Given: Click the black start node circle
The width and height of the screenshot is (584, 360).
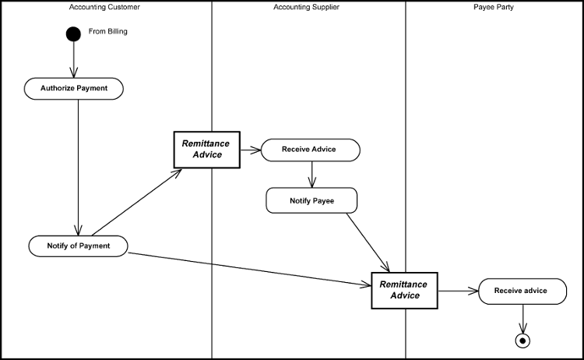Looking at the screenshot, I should (x=73, y=34).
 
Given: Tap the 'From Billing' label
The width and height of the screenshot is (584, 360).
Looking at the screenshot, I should (x=108, y=32).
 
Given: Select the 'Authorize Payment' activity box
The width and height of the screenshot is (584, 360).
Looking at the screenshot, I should (x=74, y=89).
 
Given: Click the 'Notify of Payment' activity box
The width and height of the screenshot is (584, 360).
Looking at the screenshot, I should (x=78, y=246).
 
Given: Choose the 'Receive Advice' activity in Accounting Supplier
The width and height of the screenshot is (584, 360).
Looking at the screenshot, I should (x=310, y=150).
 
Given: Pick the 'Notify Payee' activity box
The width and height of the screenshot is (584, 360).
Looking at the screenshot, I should (x=311, y=201).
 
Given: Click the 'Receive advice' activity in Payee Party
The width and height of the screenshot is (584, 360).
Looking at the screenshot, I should (x=522, y=291).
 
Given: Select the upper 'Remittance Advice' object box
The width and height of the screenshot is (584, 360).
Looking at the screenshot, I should (x=206, y=149).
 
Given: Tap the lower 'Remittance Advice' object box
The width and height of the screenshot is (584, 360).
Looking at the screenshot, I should (x=404, y=291).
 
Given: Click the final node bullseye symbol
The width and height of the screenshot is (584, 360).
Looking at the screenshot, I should (x=522, y=340).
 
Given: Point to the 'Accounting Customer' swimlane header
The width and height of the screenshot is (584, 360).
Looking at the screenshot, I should (x=105, y=7).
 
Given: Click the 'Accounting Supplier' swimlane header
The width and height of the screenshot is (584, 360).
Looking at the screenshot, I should (x=306, y=7).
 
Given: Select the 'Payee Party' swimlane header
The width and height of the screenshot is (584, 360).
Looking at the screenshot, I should (x=494, y=7).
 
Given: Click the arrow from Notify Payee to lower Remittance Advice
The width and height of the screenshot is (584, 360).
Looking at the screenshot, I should (x=368, y=242).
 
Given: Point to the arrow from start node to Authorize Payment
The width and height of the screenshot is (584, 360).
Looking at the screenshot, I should (x=73, y=59).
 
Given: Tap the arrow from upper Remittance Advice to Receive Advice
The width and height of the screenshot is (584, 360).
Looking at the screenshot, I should (x=251, y=150).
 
